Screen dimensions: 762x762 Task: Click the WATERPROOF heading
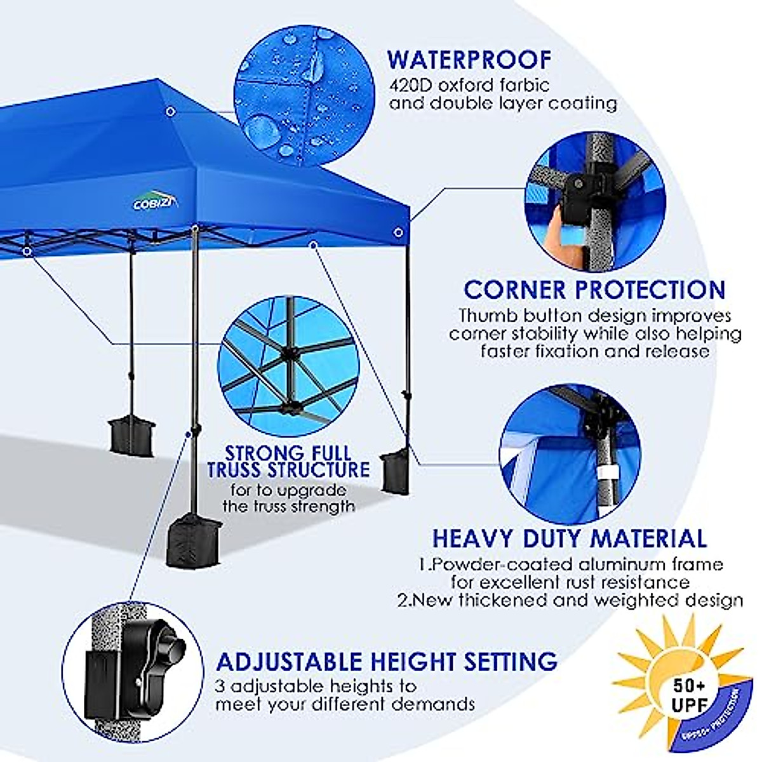[469, 59]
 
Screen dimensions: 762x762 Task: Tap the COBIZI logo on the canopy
[156, 202]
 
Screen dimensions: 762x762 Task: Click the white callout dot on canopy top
[170, 112]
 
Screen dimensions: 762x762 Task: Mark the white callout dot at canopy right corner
[398, 232]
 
